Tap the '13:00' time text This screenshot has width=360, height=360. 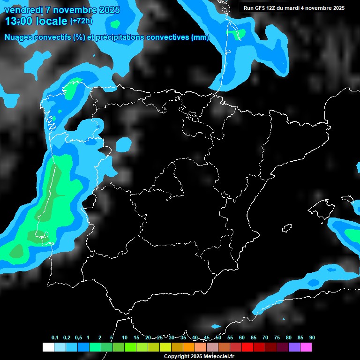point(19,22)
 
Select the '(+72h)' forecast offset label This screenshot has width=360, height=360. point(82,21)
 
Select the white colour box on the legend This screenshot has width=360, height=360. point(48,347)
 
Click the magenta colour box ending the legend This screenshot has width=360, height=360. point(306,347)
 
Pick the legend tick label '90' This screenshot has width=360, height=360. point(312,338)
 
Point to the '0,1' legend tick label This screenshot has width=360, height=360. point(55,338)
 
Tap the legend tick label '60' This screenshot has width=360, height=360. point(242,338)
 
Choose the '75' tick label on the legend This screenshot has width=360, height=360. point(277,338)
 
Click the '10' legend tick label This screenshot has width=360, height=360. point(124,338)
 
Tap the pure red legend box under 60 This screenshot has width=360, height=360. point(247,347)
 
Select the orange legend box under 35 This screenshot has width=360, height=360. point(189,347)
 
